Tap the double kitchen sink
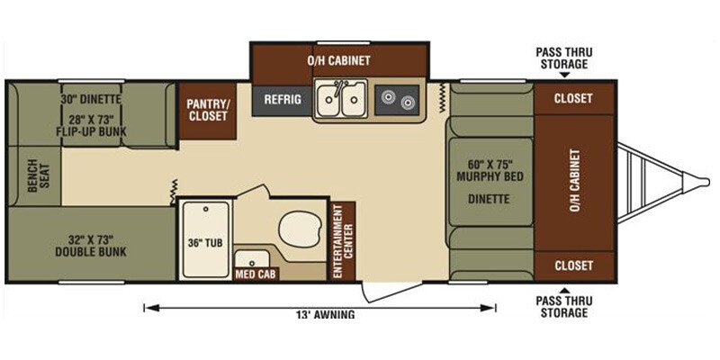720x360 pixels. (x=340, y=99)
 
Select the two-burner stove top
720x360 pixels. (x=396, y=99)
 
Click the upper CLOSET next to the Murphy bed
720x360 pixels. (x=573, y=99)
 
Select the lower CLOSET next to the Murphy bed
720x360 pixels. (x=573, y=265)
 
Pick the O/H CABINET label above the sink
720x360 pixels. (x=339, y=60)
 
